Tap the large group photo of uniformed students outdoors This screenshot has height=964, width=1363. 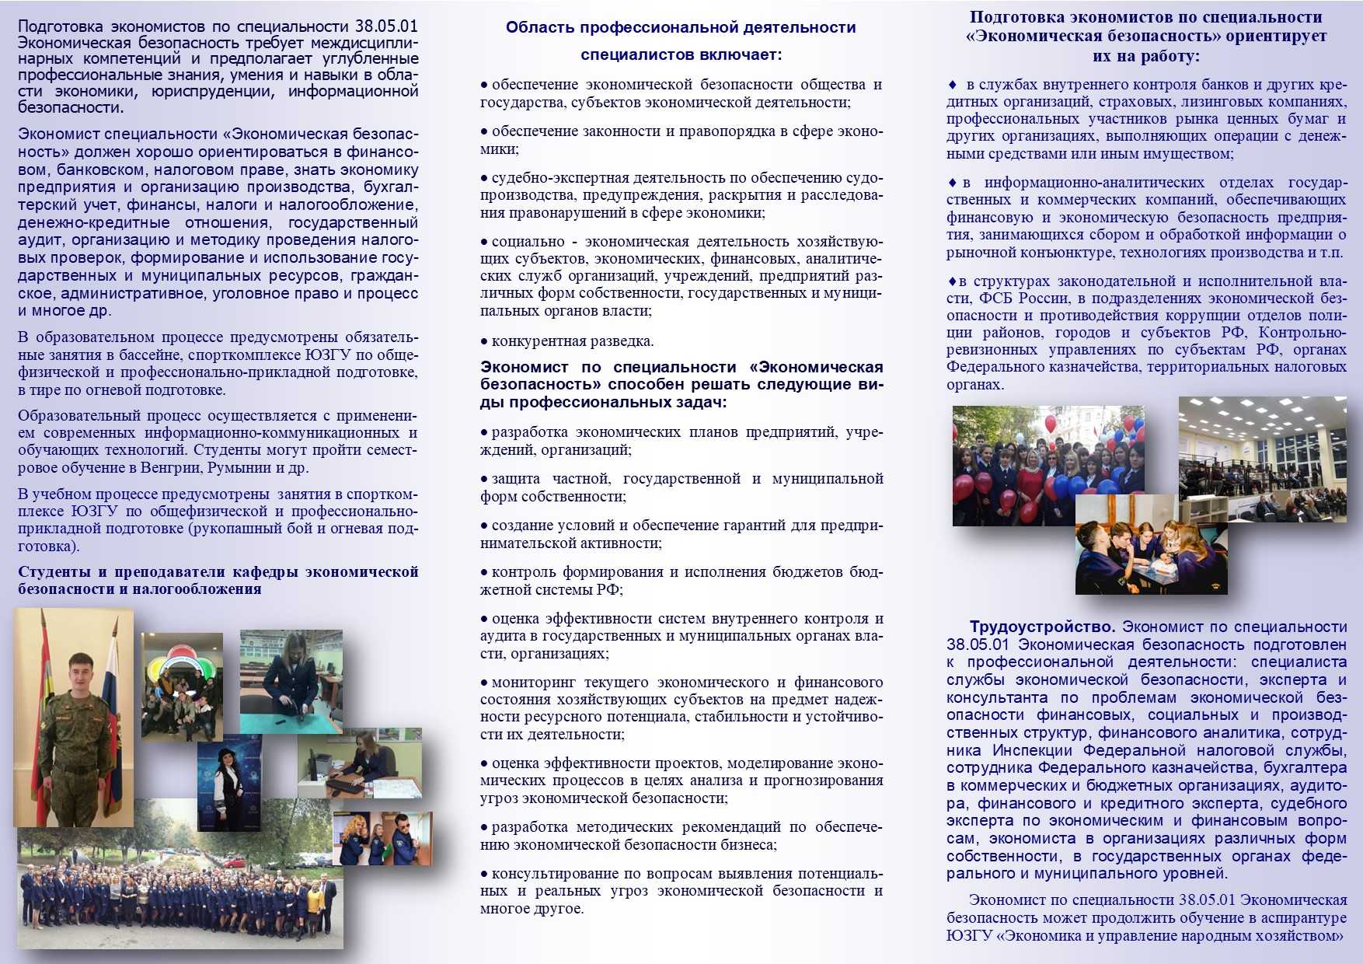(x=179, y=894)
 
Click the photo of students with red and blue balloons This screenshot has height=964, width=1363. (x=1048, y=465)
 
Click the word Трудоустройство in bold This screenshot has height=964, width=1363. (x=1042, y=627)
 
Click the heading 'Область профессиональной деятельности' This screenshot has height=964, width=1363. (x=681, y=28)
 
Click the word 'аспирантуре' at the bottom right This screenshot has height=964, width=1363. (x=1298, y=918)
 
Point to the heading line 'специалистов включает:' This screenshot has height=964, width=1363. (x=681, y=55)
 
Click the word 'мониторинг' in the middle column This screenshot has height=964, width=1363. (x=533, y=683)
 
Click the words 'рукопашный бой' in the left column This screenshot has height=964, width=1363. (x=243, y=529)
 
